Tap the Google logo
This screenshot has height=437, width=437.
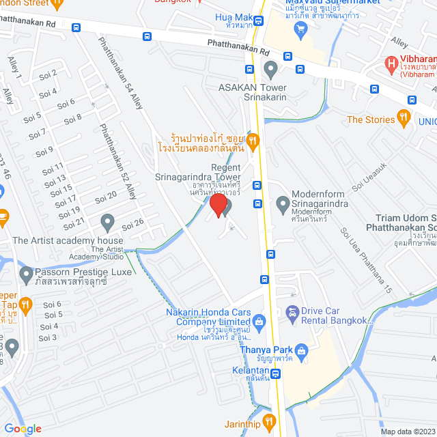(x=23, y=428)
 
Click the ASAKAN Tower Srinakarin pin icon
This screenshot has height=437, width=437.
(x=271, y=68)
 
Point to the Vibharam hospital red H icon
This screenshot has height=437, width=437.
(x=391, y=66)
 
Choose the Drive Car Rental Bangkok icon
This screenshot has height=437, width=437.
(x=292, y=313)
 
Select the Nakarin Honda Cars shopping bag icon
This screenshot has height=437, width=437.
(x=259, y=320)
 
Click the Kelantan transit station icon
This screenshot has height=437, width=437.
(x=275, y=373)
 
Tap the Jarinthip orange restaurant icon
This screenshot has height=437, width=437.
(x=268, y=420)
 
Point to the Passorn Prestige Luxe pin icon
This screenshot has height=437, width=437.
(x=27, y=276)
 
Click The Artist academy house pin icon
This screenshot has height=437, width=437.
(x=107, y=221)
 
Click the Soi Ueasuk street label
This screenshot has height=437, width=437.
(x=369, y=175)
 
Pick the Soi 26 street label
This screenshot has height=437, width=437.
(x=132, y=223)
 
